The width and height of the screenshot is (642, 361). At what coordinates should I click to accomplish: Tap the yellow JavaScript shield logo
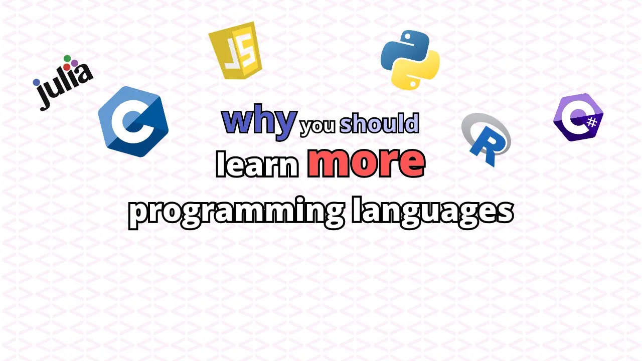coord(235,50)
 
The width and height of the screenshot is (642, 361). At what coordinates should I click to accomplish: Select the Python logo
coord(410,60)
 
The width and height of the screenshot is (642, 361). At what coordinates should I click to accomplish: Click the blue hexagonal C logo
coord(133,121)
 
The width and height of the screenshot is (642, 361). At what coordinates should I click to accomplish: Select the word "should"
coord(379,123)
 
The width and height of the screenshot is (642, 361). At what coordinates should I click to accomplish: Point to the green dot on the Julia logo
coord(67,59)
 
